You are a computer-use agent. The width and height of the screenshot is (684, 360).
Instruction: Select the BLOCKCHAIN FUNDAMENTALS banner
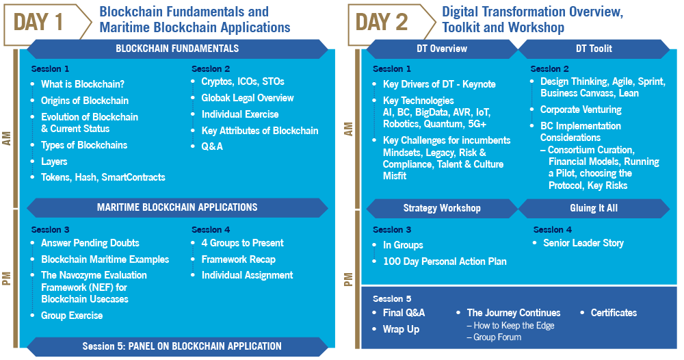[177, 49]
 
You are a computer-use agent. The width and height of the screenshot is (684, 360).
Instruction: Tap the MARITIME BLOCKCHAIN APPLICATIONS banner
[177, 207]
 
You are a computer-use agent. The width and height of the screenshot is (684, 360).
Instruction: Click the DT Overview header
[441, 49]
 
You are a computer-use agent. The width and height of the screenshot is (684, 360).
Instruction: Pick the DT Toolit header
[594, 49]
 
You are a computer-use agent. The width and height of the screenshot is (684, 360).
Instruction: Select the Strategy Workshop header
[441, 208]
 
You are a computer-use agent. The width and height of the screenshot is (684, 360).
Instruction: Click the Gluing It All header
[594, 208]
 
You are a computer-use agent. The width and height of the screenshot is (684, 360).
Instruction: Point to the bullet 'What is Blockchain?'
[83, 84]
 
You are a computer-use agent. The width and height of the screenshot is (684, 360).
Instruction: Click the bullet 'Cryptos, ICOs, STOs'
[243, 81]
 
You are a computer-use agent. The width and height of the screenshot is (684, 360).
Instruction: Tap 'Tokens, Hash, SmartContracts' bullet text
[103, 177]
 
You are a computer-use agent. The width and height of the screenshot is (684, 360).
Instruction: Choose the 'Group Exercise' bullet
[72, 316]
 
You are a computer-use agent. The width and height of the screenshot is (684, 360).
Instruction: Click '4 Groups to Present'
[243, 243]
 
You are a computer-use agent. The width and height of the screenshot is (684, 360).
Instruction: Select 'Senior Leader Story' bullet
[583, 243]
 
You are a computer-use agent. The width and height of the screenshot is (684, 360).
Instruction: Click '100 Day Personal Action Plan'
[445, 261]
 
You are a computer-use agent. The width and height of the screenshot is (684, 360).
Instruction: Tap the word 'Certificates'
[614, 313]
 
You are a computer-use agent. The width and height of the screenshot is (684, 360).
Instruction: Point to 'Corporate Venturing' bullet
[581, 110]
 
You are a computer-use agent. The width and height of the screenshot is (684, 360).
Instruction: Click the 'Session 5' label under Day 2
[392, 299]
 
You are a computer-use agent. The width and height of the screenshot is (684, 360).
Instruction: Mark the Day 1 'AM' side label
[7, 138]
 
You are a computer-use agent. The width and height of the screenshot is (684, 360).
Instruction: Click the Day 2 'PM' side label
[348, 279]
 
